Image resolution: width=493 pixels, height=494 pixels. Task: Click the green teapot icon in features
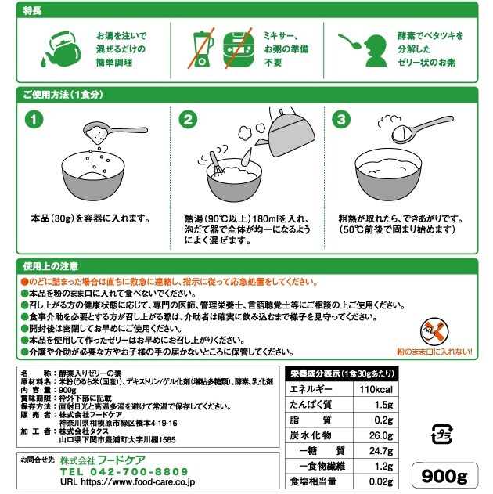point(61,49)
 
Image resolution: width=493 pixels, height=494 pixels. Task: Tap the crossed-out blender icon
point(201,49)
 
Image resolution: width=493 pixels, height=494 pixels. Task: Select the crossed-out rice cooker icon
point(239,49)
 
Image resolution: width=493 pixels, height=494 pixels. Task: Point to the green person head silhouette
point(376,50)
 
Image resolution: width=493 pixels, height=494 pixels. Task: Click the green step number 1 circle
point(34,119)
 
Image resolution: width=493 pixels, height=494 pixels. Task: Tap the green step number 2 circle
point(188,119)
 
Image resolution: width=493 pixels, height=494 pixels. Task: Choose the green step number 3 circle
point(341,119)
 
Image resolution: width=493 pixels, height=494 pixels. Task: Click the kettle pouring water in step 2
point(288,132)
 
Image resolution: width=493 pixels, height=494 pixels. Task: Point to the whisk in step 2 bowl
point(216,164)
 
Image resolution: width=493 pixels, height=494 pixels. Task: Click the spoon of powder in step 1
point(115,132)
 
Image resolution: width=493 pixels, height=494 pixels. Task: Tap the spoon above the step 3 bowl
point(422,128)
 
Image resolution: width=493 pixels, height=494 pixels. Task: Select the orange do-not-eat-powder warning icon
point(434,331)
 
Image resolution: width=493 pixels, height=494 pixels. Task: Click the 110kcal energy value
point(376,389)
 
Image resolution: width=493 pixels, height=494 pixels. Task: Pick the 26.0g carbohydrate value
point(381,435)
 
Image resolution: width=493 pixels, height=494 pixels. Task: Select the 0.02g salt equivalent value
point(381,481)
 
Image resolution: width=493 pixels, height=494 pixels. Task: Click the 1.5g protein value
point(383,405)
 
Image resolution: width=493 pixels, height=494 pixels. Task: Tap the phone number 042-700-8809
point(139,471)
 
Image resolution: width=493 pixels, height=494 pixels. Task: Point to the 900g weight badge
point(444,476)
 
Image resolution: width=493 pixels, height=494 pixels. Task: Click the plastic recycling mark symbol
point(441,435)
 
